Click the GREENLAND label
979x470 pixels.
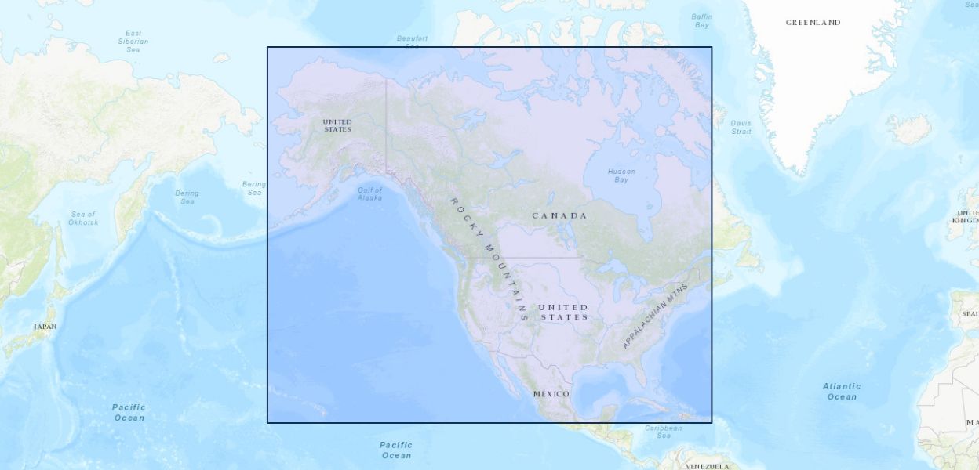pyautogui.click(x=813, y=23)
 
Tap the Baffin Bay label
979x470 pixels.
pyautogui.click(x=701, y=20)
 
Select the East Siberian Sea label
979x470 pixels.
pyautogui.click(x=133, y=42)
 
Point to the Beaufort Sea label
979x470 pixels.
pyautogui.click(x=412, y=42)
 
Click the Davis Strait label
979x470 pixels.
pyautogui.click(x=741, y=127)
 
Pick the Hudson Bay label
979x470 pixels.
pyautogui.click(x=621, y=175)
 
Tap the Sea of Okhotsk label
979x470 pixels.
pyautogui.click(x=83, y=218)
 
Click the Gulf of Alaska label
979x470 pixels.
pyautogui.click(x=369, y=193)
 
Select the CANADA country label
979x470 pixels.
pyautogui.click(x=559, y=215)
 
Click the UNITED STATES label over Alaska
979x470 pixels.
pyautogui.click(x=337, y=125)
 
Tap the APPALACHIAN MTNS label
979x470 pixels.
pyautogui.click(x=654, y=316)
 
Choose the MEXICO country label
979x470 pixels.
pyautogui.click(x=551, y=393)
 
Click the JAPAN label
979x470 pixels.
pyautogui.click(x=45, y=327)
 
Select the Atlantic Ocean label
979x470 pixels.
pyautogui.click(x=841, y=391)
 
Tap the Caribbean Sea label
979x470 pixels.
pyautogui.click(x=663, y=432)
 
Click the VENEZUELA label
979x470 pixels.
pyautogui.click(x=707, y=466)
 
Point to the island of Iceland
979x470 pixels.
pyautogui.click(x=909, y=128)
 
